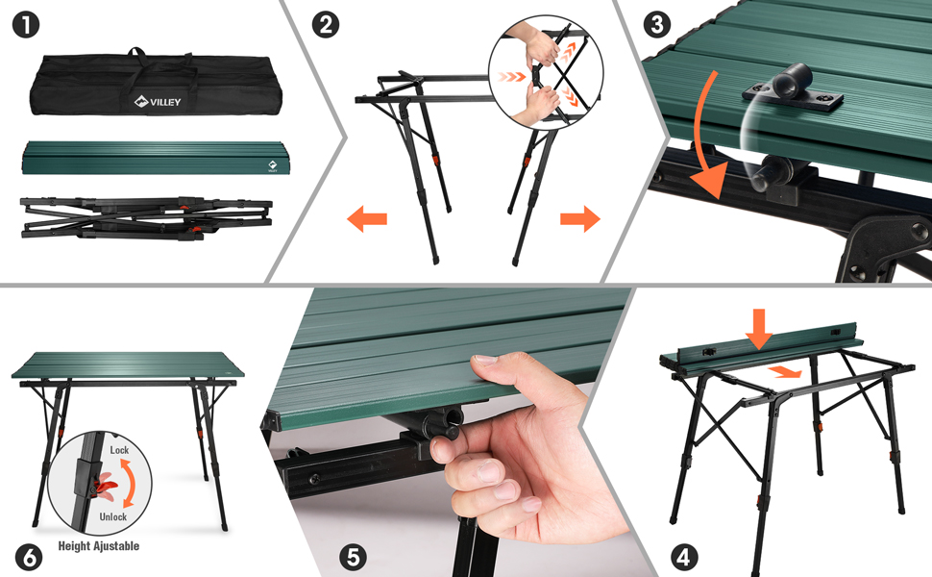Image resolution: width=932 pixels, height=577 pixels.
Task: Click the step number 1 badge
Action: (26, 26)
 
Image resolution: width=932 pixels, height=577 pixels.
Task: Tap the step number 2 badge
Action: (326, 26)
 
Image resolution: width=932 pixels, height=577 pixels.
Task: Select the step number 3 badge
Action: (657, 26)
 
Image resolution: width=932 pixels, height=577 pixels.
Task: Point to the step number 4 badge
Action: (683, 558)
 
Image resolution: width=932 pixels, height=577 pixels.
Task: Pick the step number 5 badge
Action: (353, 558)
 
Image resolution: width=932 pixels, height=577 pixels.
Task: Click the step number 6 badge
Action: (29, 558)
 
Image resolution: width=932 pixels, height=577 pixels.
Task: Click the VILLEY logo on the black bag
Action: (158, 102)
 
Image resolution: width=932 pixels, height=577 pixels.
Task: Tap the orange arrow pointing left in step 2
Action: (367, 219)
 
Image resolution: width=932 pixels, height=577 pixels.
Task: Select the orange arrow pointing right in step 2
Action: (580, 219)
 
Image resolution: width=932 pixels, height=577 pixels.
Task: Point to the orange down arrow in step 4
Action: (759, 328)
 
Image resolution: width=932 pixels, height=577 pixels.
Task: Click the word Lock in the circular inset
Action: (119, 450)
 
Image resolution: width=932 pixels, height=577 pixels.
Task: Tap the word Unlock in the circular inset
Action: (113, 517)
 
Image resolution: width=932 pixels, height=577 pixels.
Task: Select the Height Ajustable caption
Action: (99, 546)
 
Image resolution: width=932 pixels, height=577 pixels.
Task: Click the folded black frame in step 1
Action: (146, 218)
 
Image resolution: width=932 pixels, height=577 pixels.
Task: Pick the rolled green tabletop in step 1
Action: (157, 158)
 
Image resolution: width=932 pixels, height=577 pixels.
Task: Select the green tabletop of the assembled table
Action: (128, 365)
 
